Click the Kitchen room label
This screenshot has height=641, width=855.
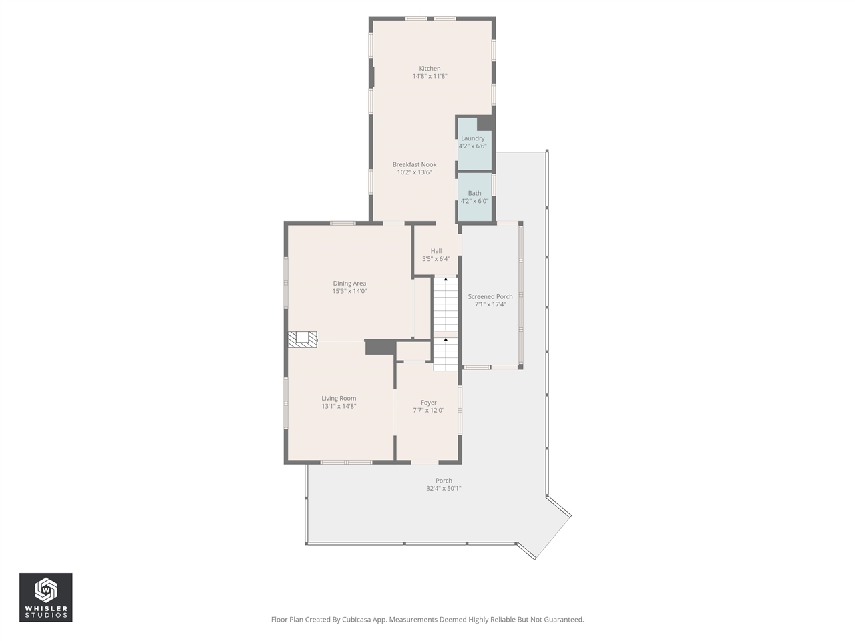click(430, 69)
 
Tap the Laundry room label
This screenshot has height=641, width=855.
click(473, 138)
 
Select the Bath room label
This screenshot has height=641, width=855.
click(474, 193)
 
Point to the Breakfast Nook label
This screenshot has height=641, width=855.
click(414, 164)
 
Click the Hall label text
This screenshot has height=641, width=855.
click(436, 251)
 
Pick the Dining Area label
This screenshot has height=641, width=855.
click(349, 284)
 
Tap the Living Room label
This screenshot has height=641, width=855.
click(339, 399)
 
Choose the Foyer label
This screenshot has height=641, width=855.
click(429, 403)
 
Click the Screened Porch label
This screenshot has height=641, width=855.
click(490, 297)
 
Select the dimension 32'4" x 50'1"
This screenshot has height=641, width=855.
click(444, 488)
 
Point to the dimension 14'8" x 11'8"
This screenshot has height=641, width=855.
click(430, 77)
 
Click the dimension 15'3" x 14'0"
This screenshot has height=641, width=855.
click(349, 291)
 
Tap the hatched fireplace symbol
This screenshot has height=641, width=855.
click(302, 339)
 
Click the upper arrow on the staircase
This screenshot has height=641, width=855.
click(446, 282)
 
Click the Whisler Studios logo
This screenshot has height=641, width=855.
click(46, 597)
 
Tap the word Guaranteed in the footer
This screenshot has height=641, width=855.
click(564, 620)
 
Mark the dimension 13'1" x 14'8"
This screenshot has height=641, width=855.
click(339, 406)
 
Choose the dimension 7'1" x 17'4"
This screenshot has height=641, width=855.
click(490, 304)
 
